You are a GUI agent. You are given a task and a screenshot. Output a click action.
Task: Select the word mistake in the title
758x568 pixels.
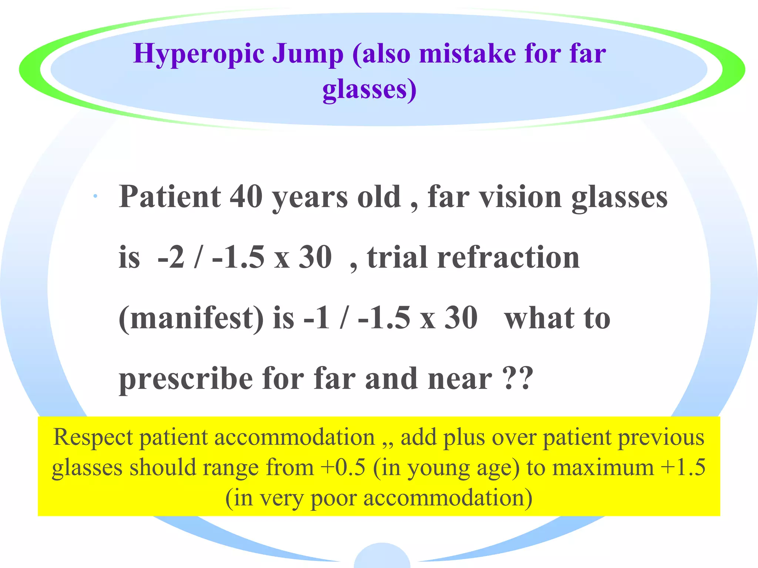(467, 54)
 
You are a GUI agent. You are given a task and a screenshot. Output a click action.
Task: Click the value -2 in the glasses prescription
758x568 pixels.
(171, 257)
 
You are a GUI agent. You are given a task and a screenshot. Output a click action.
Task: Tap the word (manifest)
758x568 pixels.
(191, 318)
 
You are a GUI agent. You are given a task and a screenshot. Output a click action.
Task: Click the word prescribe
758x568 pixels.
(186, 379)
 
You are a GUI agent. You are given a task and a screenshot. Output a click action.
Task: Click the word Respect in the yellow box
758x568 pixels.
(93, 437)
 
